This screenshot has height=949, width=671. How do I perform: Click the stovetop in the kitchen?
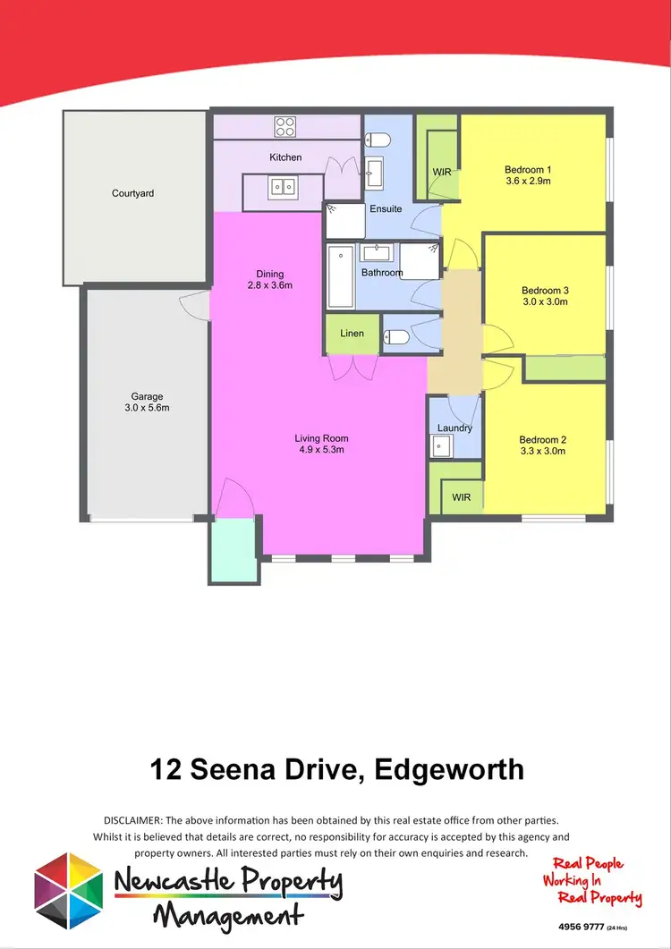pyautogui.click(x=285, y=125)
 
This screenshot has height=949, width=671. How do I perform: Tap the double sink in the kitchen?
pyautogui.click(x=285, y=187)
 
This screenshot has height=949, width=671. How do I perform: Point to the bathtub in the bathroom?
pyautogui.click(x=340, y=275)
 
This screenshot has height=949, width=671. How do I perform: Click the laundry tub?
pyautogui.click(x=442, y=446)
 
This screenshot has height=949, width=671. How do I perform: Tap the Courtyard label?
pyautogui.click(x=132, y=193)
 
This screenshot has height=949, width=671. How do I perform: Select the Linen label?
pyautogui.click(x=352, y=334)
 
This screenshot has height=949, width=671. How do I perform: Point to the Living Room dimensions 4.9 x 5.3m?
pyautogui.click(x=320, y=450)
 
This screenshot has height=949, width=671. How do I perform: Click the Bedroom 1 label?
pyautogui.click(x=528, y=169)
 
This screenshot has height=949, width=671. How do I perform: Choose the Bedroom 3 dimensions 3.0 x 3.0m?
pyautogui.click(x=545, y=301)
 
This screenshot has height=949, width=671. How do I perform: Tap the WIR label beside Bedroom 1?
pyautogui.click(x=442, y=171)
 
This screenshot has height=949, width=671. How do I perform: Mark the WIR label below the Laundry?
pyautogui.click(x=462, y=496)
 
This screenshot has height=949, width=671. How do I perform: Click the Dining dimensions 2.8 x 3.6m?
pyautogui.click(x=270, y=285)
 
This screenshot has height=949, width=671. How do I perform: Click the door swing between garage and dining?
pyautogui.click(x=194, y=304)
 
